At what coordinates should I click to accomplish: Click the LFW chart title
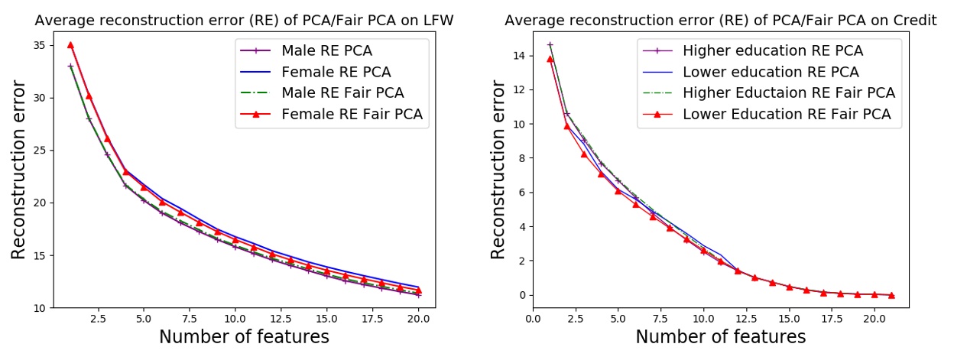coord(244,21)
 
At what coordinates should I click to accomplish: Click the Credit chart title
coord(721,21)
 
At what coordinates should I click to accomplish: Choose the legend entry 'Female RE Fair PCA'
coord(352,115)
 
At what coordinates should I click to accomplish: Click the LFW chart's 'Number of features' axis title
coord(244,337)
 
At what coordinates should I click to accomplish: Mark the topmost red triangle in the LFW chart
coord(70,45)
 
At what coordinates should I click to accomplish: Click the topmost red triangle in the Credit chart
coord(550,59)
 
